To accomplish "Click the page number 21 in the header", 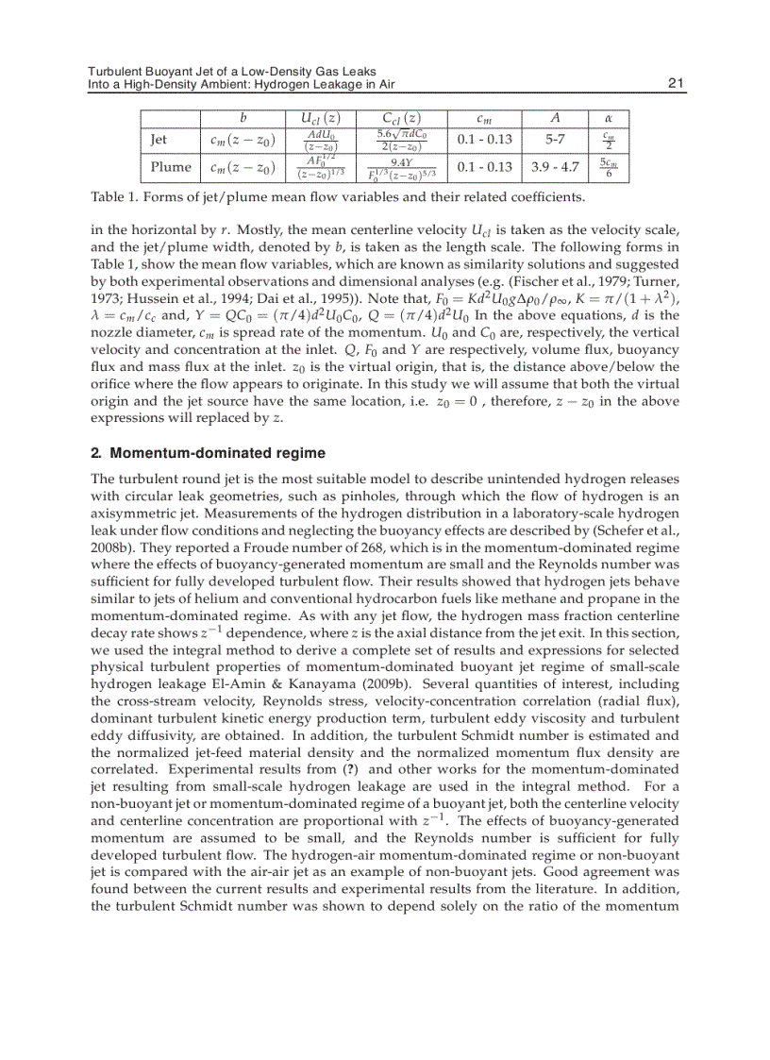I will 675,84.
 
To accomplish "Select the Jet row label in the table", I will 159,140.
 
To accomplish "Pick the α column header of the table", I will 609,118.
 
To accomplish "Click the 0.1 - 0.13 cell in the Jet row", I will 484,140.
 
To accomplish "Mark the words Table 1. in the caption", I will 116,197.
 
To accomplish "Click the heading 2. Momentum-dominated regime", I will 207,452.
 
